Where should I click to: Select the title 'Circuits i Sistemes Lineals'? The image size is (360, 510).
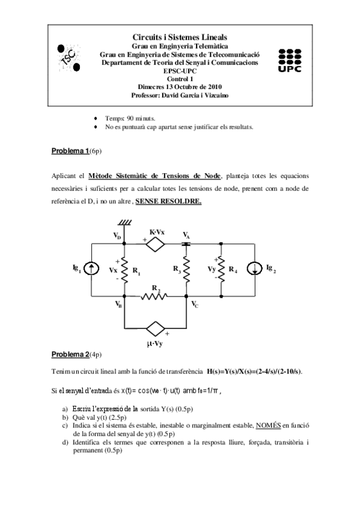(x=180, y=37)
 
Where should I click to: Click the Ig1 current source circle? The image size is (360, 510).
(x=91, y=269)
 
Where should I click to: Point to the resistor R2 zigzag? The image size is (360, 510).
(x=155, y=296)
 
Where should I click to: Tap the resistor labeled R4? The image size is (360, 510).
(x=222, y=269)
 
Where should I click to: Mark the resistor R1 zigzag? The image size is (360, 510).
(x=124, y=270)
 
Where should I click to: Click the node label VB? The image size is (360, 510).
(x=118, y=306)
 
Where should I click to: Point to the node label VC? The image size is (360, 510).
(x=195, y=306)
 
